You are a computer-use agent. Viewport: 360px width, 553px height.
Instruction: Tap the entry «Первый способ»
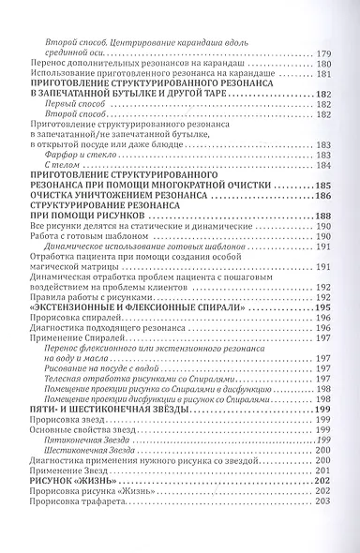point(71,105)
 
